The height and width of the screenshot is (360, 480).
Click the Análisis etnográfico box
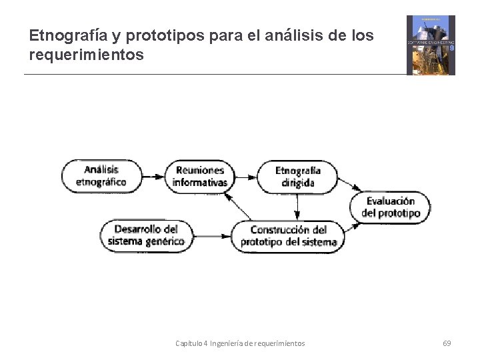[x=101, y=176]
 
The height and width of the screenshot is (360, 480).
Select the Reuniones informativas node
[x=199, y=176]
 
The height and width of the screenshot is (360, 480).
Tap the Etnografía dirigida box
[x=297, y=176]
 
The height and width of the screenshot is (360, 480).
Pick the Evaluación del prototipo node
[x=391, y=207]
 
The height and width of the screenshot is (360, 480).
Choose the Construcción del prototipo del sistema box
[x=288, y=235]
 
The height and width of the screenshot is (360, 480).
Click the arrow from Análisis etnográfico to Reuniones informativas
[x=153, y=177]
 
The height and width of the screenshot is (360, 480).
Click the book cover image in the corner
[x=431, y=45]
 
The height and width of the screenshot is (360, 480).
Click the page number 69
[x=447, y=343]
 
